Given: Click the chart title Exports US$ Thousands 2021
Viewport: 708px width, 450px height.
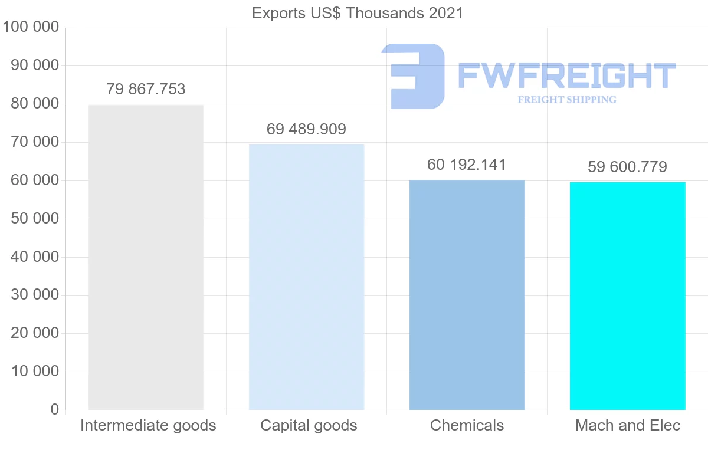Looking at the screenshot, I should (x=358, y=13).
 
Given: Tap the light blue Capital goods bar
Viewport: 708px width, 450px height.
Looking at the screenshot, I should (x=306, y=277).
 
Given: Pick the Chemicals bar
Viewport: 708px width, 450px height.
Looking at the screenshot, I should (x=467, y=295).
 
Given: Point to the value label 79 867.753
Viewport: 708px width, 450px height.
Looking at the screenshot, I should (x=146, y=90).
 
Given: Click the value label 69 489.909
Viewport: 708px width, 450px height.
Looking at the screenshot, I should (x=306, y=129).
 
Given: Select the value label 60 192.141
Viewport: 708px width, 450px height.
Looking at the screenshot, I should (x=467, y=165).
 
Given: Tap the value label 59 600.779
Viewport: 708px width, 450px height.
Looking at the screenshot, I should (x=627, y=167).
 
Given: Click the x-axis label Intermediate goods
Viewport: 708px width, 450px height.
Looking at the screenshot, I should (x=148, y=425).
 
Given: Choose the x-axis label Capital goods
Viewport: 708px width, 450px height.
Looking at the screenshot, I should (x=309, y=425).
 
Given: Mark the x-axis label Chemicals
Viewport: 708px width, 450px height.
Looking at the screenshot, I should (x=467, y=425).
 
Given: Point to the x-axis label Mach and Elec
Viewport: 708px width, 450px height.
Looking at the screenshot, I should (x=628, y=425).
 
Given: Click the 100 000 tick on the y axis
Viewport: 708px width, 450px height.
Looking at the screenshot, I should (x=31, y=27).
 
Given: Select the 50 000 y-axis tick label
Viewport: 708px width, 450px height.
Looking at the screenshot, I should (x=35, y=219).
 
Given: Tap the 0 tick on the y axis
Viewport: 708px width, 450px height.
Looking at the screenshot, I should (x=55, y=409).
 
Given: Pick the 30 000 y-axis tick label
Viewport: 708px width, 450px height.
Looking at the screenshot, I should (x=35, y=295).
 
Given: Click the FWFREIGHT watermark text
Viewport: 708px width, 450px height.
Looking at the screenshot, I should (x=566, y=75).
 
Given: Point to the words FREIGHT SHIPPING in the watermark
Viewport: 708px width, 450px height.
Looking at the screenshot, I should (x=566, y=100).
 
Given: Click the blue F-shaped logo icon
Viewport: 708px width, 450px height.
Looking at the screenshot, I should (x=414, y=76).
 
